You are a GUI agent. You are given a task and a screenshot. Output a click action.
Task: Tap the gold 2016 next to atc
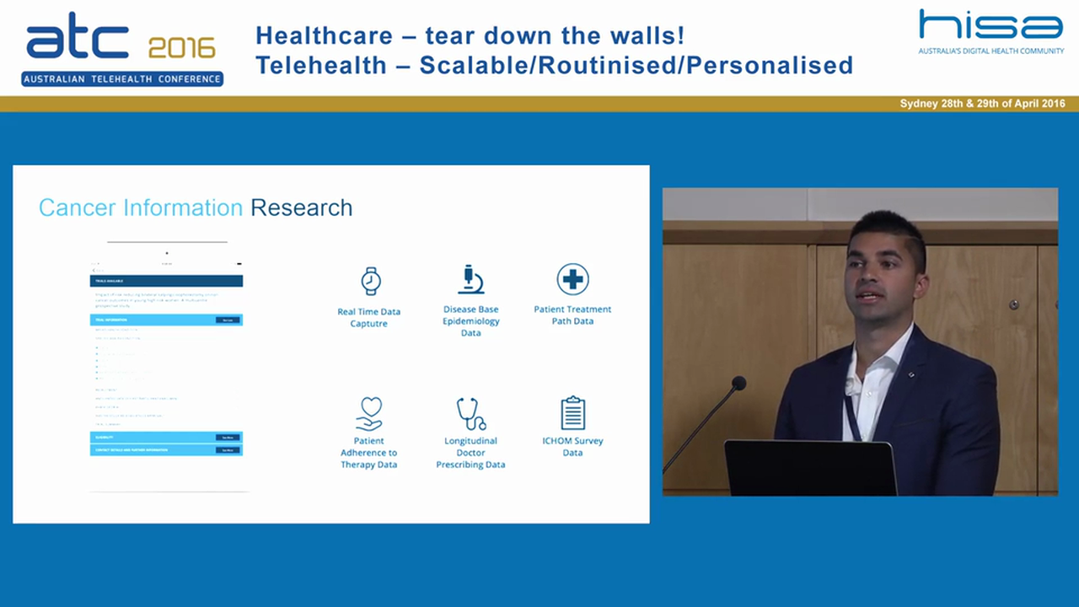(x=181, y=48)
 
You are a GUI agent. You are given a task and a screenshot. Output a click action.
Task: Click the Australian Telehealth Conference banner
(x=122, y=79)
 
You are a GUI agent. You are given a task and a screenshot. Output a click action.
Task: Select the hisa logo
(x=990, y=25)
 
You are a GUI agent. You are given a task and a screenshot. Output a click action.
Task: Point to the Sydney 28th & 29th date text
(x=982, y=104)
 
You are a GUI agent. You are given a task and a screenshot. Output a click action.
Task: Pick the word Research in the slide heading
(x=301, y=207)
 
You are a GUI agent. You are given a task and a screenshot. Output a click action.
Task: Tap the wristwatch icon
(x=370, y=281)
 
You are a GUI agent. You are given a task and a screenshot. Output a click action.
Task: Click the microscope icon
(x=470, y=279)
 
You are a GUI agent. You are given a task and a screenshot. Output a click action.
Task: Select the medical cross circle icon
(x=572, y=279)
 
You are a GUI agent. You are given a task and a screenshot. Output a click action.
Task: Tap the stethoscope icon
(x=470, y=413)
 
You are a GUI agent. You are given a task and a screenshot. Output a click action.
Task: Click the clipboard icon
(x=572, y=413)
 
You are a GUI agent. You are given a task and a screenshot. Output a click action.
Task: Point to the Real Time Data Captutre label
(x=369, y=318)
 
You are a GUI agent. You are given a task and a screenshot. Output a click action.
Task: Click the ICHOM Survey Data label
(x=572, y=447)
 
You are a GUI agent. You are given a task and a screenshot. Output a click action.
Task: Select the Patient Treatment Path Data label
(x=572, y=314)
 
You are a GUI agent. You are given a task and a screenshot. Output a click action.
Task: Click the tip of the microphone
(x=738, y=384)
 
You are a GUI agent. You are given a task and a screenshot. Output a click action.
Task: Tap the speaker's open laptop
(x=810, y=468)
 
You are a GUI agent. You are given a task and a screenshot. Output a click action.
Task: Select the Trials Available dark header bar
(x=166, y=281)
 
